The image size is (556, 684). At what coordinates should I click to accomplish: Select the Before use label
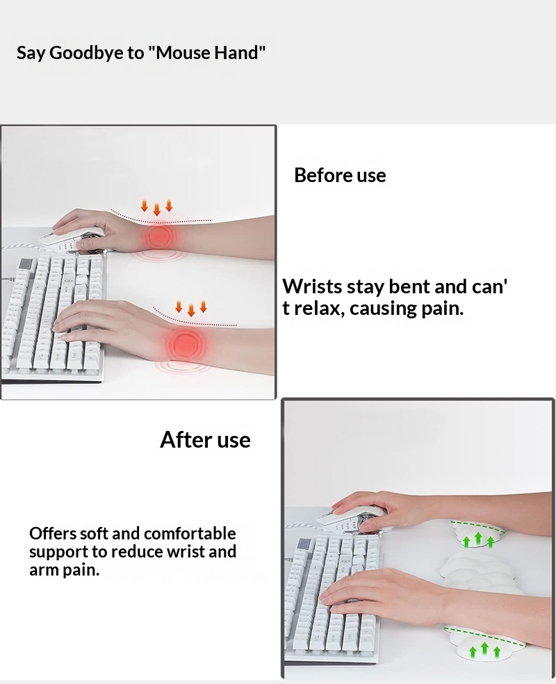[340, 175]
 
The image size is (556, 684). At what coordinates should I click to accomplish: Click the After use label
[206, 440]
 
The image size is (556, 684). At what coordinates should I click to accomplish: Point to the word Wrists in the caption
[312, 286]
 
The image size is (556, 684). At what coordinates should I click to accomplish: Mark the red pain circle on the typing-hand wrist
[186, 345]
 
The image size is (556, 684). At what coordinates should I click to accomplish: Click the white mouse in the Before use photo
[72, 238]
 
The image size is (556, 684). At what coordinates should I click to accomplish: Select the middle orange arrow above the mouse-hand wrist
[156, 209]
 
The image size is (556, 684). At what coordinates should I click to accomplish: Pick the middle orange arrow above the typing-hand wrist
[191, 309]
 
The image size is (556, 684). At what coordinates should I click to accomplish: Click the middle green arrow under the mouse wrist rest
[478, 538]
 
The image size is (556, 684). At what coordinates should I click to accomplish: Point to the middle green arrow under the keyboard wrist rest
[484, 649]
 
